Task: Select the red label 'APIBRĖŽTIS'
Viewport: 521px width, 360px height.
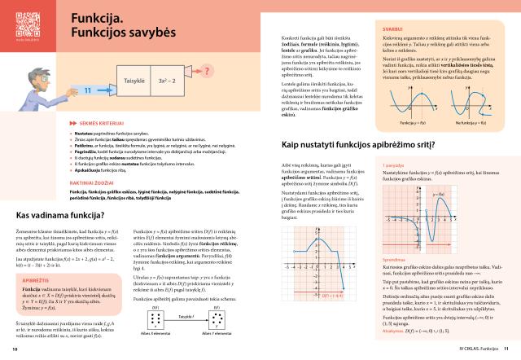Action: (x=36, y=278)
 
